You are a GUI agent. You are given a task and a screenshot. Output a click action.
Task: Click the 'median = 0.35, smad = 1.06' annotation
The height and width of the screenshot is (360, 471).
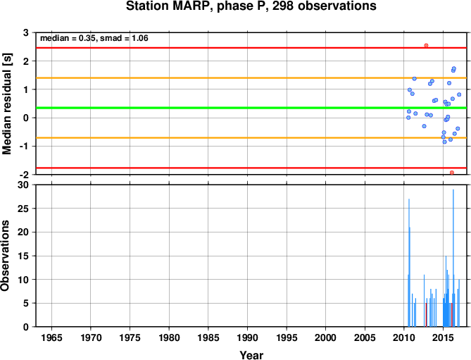pos(94,38)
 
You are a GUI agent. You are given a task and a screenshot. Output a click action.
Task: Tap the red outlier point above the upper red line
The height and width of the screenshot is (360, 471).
pos(426,45)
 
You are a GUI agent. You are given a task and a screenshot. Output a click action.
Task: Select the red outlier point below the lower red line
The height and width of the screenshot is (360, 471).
pos(452,173)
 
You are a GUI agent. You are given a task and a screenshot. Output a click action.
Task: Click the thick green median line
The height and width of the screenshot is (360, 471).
pos(251,108)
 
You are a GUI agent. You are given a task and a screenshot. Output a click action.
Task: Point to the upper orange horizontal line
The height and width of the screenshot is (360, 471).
pos(251,77)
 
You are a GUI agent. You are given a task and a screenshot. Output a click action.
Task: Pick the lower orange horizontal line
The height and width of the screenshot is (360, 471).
pos(251,137)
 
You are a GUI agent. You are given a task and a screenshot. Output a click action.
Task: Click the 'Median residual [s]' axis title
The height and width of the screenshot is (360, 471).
pos(6,104)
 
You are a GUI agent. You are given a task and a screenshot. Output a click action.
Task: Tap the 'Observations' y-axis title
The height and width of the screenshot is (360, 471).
pos(5,256)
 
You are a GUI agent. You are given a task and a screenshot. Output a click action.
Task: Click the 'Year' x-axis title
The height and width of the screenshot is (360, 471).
pos(251,355)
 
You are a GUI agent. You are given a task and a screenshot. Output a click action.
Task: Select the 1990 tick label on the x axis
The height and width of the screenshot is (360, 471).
pos(247,337)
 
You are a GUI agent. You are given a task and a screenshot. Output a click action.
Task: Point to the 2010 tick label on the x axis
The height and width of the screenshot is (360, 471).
pos(403,337)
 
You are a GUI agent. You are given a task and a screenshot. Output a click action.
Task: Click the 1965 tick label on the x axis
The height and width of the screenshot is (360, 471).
pos(51,337)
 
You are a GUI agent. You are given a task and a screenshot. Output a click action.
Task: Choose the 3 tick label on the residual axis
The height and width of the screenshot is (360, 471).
pos(26,32)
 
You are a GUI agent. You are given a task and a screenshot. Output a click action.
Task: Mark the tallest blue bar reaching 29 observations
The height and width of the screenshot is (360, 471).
pos(453,258)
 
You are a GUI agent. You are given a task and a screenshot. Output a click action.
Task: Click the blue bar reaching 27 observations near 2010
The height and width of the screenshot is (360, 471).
pos(409,263)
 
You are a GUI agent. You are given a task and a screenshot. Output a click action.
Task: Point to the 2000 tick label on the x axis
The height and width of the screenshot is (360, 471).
pos(325,337)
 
